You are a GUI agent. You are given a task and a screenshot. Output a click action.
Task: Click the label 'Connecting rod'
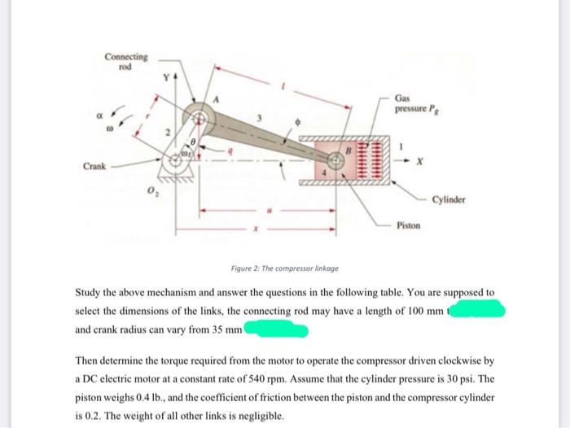tap(126, 60)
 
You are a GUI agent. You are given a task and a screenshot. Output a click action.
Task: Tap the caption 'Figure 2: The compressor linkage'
tap(285, 268)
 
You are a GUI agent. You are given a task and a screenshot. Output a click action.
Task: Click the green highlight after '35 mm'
tap(277, 330)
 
